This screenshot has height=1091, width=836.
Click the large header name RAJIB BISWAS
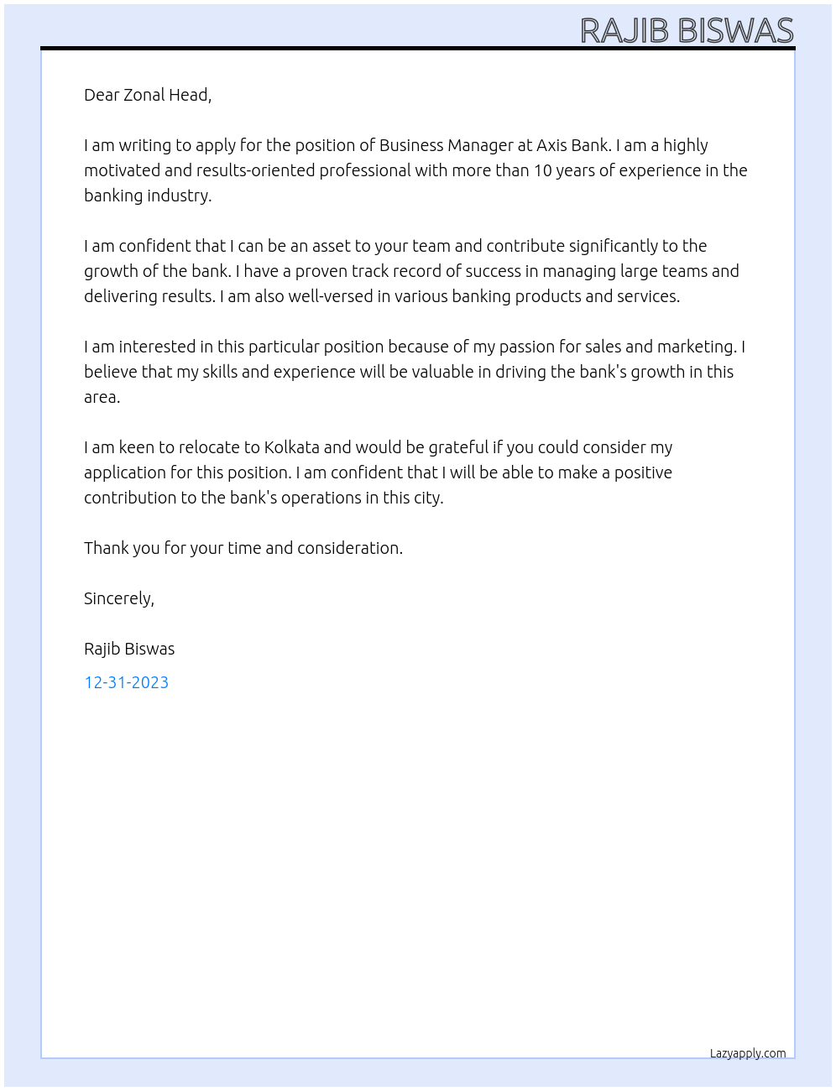[687, 30]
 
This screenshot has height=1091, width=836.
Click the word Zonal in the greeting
[144, 95]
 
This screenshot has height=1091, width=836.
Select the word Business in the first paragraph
[411, 145]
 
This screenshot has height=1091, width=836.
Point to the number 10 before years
[543, 170]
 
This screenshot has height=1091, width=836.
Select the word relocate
[209, 447]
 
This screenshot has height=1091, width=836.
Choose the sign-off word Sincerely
[118, 598]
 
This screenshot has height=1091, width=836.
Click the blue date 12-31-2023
[126, 682]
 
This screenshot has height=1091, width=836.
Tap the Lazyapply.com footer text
[748, 1053]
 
